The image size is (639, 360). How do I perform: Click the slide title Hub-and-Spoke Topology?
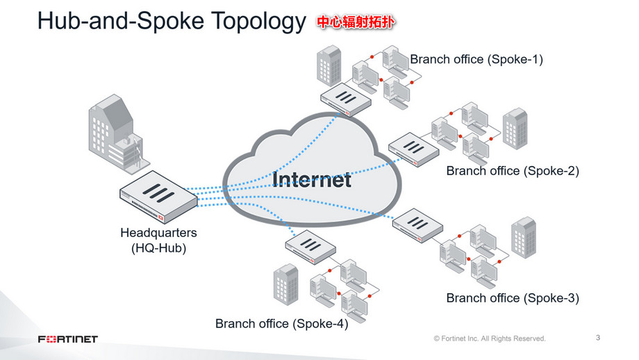click(170, 22)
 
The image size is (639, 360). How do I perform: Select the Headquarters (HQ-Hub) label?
click(158, 239)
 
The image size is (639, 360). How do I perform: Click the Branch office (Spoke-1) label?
click(476, 59)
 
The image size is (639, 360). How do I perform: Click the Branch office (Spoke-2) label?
click(512, 170)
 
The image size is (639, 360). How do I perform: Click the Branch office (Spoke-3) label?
click(512, 298)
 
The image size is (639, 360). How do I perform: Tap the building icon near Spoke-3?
click(523, 236)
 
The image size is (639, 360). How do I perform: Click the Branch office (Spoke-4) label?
click(281, 323)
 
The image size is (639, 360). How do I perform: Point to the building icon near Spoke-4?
click(285, 284)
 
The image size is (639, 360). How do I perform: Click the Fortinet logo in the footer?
click(67, 339)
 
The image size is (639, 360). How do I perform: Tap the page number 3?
click(598, 338)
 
